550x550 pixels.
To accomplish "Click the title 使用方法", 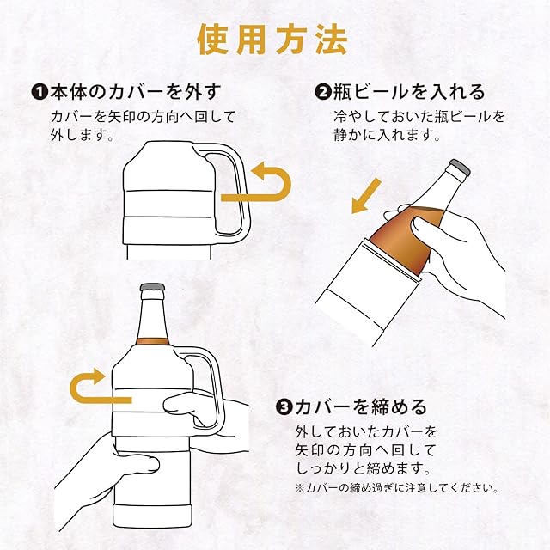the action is (272, 40).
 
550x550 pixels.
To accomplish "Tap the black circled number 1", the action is (39, 93).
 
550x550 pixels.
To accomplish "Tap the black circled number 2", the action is (323, 93).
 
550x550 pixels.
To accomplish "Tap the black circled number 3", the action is (284, 407).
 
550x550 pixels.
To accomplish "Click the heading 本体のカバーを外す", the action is (136, 92).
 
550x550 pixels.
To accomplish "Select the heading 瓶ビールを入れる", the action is (409, 92).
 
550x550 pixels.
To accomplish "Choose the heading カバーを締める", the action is (361, 406).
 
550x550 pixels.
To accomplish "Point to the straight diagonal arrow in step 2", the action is (366, 196).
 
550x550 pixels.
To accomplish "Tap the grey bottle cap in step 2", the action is (461, 167).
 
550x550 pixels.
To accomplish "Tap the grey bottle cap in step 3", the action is (152, 287).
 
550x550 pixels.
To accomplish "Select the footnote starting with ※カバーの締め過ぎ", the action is (397, 488).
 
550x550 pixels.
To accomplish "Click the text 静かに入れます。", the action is (388, 135).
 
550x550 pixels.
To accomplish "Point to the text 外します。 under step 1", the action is (82, 135).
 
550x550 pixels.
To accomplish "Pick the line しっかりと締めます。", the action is (363, 467).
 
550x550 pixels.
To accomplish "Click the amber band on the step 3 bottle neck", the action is (153, 342).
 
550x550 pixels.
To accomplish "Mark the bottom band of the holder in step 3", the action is (152, 516).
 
